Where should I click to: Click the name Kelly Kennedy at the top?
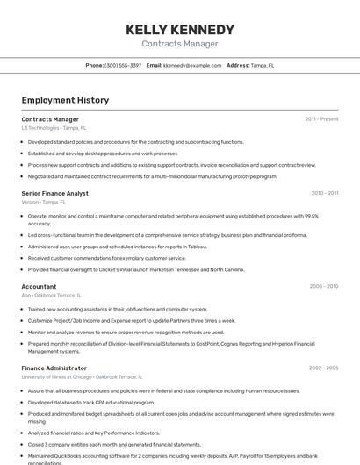(x=179, y=30)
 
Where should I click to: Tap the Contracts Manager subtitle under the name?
(x=179, y=44)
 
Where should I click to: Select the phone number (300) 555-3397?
(x=123, y=65)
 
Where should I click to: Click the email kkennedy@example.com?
(x=192, y=65)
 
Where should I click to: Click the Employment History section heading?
(x=65, y=100)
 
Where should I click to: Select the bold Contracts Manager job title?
(x=50, y=119)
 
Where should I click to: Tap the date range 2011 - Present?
(x=321, y=119)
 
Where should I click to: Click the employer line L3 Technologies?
(x=54, y=128)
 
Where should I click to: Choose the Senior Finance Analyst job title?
(x=54, y=193)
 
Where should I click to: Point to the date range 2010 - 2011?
(x=324, y=193)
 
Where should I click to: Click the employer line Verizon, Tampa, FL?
(x=43, y=202)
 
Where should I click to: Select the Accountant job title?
(x=39, y=286)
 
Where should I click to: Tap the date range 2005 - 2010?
(x=323, y=286)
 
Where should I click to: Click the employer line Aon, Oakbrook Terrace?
(x=51, y=296)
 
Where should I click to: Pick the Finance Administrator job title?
(x=54, y=368)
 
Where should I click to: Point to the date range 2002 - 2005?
(x=323, y=368)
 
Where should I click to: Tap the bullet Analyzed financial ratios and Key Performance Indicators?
(x=93, y=433)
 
